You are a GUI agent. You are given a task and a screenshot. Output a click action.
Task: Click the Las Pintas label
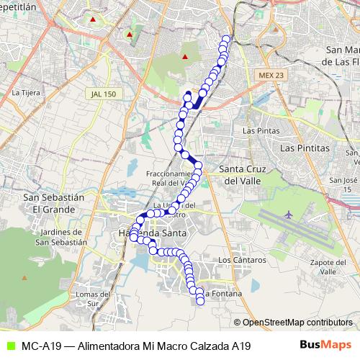tap(260, 130)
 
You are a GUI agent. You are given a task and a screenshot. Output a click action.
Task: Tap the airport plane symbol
tap(289, 215)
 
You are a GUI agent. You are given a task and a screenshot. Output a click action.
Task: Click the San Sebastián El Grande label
tap(50, 202)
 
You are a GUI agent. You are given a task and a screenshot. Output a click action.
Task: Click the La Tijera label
tap(26, 92)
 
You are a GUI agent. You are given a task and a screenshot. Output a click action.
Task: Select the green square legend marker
tap(9, 346)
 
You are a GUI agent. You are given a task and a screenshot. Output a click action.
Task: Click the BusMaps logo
tap(325, 345)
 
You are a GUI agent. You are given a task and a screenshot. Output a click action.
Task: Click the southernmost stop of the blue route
tap(200, 301)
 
